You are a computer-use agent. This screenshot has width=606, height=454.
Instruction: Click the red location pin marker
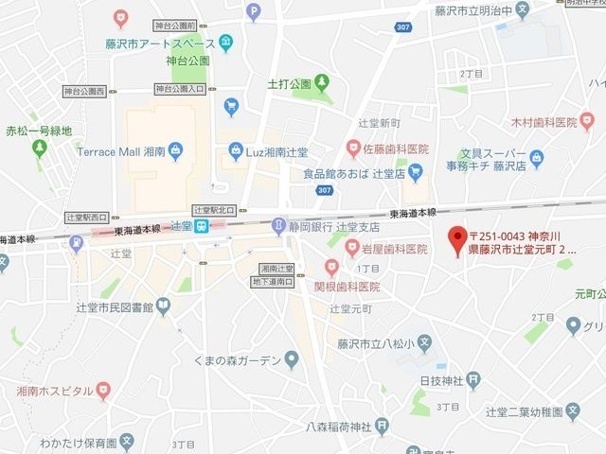pyautogui.click(x=458, y=235)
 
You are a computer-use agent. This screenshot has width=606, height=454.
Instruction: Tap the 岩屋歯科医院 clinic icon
pyautogui.click(x=331, y=249)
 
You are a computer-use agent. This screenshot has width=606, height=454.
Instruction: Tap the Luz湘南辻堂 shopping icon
pyautogui.click(x=235, y=151)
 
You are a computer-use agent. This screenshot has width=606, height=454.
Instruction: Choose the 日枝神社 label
pyautogui.click(x=440, y=380)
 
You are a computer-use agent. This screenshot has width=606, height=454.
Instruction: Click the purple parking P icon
pyautogui.click(x=252, y=12)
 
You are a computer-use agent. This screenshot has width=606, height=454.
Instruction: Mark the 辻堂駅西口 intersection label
pyautogui.click(x=89, y=217)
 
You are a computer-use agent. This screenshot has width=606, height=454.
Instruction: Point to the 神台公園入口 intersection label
pyautogui.click(x=180, y=89)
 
